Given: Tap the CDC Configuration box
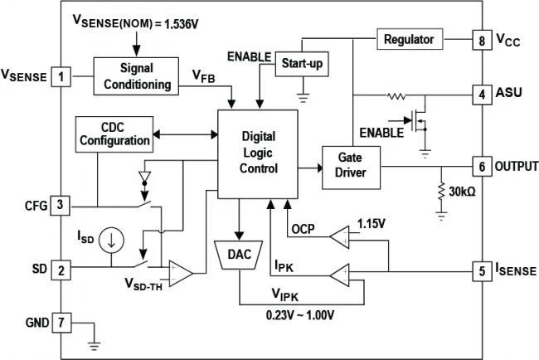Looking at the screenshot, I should pos(115,133).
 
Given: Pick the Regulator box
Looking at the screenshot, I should pos(410,39).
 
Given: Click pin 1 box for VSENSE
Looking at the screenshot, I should pos(61,77).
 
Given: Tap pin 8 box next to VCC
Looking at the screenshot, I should pos(479,40).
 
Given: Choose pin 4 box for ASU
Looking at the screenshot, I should pos(479,93).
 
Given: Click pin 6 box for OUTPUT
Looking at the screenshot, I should pos(479,165).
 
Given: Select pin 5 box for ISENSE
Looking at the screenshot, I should pos(479,270).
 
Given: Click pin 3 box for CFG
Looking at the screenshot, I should pos(61,204).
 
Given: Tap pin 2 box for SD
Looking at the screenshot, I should pos(61,269).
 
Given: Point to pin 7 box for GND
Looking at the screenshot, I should pos(61,321).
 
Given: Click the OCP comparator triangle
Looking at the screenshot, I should pos(340,238).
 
